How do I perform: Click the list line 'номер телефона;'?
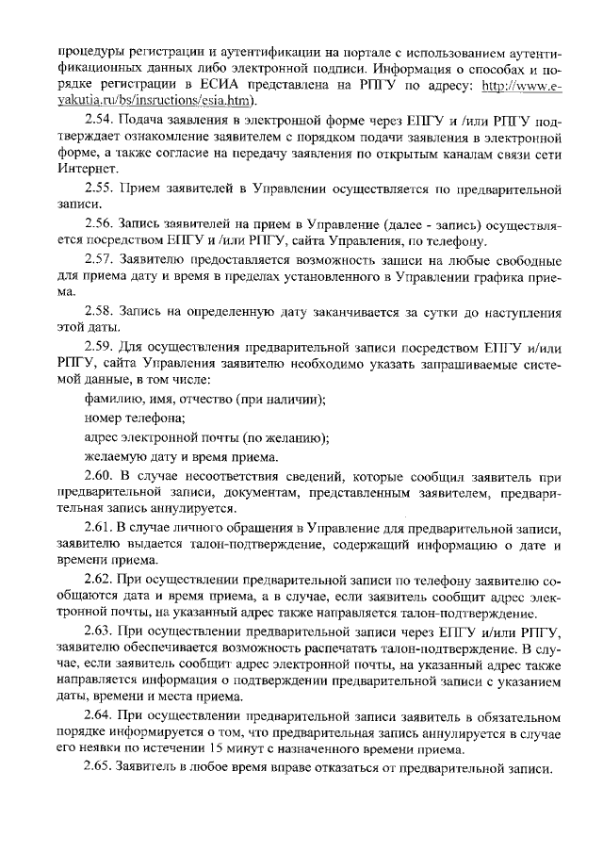coord(133,418)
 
